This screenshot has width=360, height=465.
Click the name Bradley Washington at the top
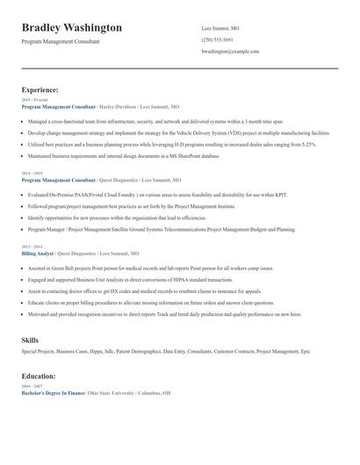71,28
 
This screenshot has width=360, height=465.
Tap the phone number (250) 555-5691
217,39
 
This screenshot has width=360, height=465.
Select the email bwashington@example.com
231,52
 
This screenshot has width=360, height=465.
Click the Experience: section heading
40,89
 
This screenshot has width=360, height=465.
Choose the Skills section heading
30,338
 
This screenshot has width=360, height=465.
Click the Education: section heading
39,376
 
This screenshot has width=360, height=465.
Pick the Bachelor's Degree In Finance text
53,392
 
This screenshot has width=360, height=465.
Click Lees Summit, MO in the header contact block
220,28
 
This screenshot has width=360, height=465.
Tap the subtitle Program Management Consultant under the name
61,41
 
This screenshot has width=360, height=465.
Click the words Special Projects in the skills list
38,351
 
